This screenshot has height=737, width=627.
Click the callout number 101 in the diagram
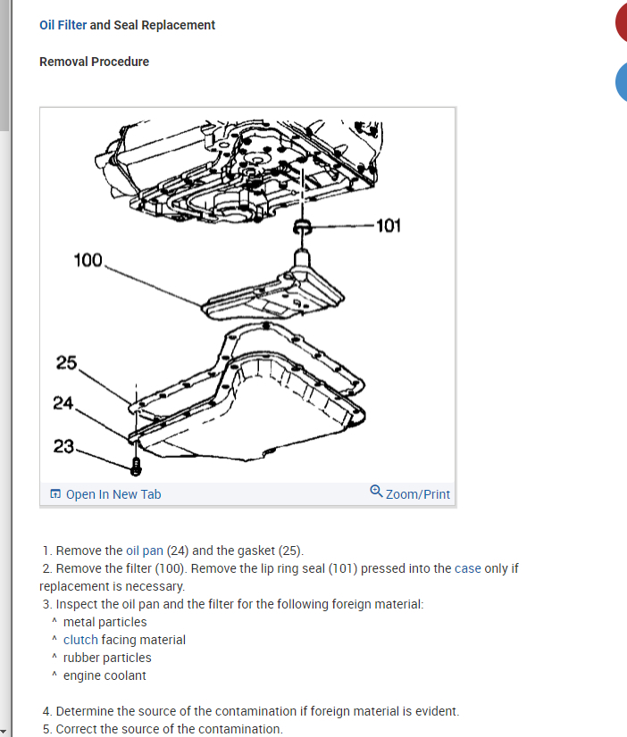point(389,225)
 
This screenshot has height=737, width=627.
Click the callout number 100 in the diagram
point(88,260)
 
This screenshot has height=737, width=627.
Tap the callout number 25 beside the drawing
point(66,362)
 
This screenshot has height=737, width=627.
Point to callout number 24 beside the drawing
point(63,403)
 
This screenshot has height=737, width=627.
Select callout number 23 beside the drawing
point(63,446)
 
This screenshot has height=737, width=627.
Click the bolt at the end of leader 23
point(135,466)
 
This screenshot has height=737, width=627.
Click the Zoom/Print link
point(417,494)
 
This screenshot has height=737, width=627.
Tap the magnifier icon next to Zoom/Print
point(376,492)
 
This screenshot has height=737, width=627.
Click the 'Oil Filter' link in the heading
point(63,25)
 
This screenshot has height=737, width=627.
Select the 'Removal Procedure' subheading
point(94,62)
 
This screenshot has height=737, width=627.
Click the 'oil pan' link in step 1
point(145,551)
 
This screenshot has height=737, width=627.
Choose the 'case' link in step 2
point(468,568)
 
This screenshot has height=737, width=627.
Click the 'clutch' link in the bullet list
point(80,640)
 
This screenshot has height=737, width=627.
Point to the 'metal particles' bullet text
point(104,622)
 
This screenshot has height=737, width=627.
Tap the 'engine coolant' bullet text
point(104,675)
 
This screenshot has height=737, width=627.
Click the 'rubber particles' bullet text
point(107,658)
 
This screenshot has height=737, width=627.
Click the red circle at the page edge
point(622,23)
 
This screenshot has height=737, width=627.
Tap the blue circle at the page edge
point(622,82)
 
